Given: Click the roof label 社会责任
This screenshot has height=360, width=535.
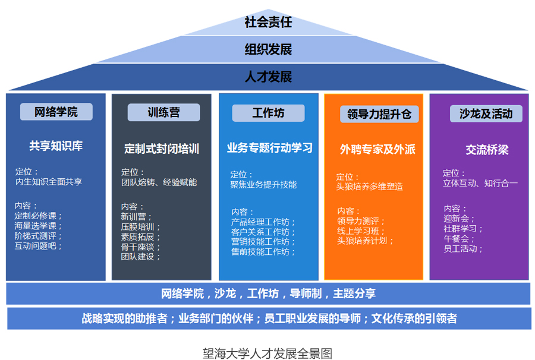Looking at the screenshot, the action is (x=268, y=22).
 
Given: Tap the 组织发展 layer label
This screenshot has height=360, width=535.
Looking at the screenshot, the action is (x=268, y=49).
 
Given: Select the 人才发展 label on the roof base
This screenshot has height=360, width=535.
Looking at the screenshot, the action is (x=268, y=77).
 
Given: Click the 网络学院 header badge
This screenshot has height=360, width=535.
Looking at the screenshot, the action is (x=56, y=112).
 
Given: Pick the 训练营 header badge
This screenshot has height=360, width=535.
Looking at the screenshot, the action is (x=164, y=112).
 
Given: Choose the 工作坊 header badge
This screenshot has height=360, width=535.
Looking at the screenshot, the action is (x=269, y=113).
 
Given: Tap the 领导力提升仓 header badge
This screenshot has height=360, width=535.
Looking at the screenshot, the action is (x=379, y=114).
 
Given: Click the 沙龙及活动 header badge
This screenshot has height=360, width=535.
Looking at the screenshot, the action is (x=486, y=114).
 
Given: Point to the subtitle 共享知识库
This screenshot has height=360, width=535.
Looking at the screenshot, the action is (x=56, y=146).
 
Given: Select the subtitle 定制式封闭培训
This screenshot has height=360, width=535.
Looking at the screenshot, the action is (x=162, y=149).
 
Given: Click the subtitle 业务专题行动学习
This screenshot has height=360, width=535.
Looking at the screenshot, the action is (x=270, y=148).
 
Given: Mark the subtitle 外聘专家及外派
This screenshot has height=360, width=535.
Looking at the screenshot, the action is (x=377, y=149).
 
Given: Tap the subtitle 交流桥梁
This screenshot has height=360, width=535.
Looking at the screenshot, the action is (x=487, y=150).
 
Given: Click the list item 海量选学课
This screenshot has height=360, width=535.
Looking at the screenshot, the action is (x=36, y=226).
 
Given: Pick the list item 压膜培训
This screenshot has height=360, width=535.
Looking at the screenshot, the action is (x=137, y=227).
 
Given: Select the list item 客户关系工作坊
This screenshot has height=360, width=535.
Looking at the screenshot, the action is (x=260, y=232).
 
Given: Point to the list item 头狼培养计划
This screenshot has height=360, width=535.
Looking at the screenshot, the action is (x=363, y=241).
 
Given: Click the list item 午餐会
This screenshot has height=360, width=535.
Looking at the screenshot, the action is (x=456, y=239).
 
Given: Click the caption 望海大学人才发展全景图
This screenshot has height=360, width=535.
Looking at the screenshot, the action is (x=267, y=353).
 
